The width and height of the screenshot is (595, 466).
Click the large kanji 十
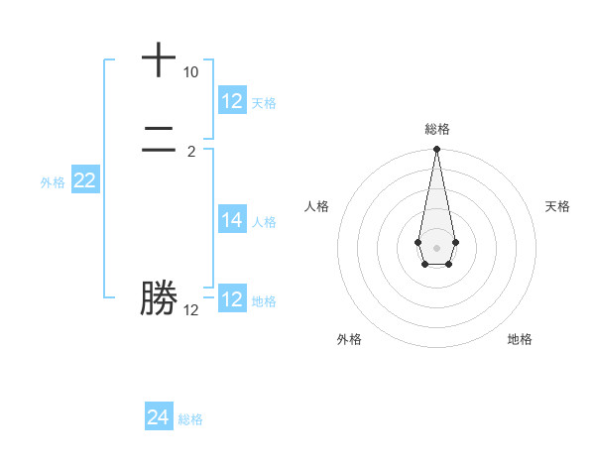click(159, 59)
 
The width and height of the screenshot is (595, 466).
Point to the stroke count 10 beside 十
click(190, 72)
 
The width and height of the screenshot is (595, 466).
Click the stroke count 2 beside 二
click(191, 152)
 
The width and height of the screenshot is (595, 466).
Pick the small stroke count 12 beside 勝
click(190, 310)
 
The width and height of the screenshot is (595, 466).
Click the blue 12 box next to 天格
click(232, 101)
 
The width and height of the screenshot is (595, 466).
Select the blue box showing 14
click(232, 220)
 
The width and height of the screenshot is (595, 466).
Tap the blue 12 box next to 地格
click(232, 299)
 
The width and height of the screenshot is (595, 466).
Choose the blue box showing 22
click(84, 180)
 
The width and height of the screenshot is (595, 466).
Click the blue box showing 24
click(158, 417)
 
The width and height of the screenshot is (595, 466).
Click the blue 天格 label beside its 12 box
click(264, 102)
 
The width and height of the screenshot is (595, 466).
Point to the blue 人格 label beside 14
click(264, 221)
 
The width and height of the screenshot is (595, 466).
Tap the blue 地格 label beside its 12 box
click(264, 300)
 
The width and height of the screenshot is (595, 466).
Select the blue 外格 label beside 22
click(53, 181)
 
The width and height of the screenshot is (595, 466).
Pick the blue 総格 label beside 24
click(190, 418)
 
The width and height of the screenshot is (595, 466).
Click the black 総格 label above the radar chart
click(436, 129)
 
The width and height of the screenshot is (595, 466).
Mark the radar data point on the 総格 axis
click(436, 150)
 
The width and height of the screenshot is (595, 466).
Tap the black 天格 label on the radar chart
click(557, 206)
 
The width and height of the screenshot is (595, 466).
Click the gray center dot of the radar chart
click(436, 247)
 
